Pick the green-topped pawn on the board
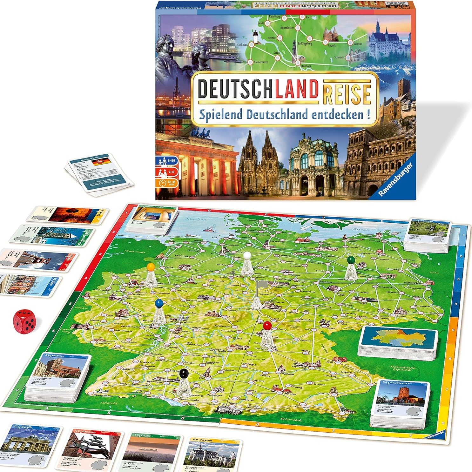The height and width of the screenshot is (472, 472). (350, 268)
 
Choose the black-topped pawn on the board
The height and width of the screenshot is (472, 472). (184, 380)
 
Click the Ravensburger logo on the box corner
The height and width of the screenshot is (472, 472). (395, 180)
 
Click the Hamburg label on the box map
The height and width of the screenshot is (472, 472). (306, 66)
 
